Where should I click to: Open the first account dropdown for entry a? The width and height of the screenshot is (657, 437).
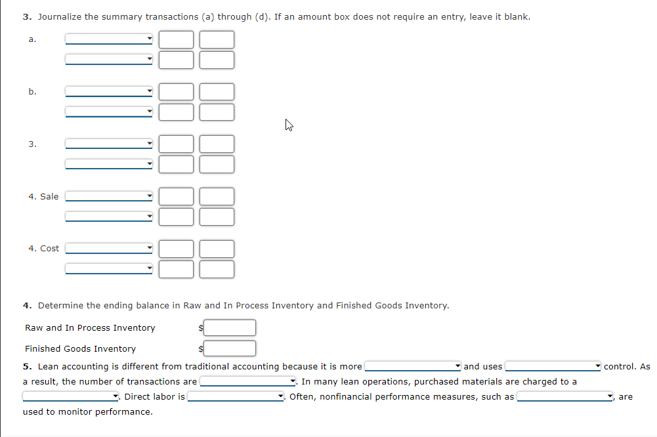(x=109, y=39)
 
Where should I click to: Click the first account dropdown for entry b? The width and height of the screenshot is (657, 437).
(x=109, y=91)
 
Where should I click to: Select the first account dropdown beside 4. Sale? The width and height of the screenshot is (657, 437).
(x=109, y=196)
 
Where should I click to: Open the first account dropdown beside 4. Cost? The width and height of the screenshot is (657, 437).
(x=109, y=248)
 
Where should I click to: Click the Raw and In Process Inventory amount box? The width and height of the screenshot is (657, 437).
(x=229, y=327)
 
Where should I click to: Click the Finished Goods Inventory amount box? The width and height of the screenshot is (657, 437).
(x=229, y=348)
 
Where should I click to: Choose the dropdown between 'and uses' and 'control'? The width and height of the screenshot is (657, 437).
(x=553, y=366)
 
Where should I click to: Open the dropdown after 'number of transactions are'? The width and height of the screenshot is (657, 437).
(x=248, y=381)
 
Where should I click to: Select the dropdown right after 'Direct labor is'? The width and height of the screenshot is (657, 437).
(x=236, y=396)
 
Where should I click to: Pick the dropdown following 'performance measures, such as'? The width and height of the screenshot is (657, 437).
(x=566, y=396)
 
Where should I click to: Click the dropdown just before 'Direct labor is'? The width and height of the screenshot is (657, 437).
(x=71, y=396)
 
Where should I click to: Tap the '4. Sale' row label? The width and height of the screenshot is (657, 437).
(x=43, y=196)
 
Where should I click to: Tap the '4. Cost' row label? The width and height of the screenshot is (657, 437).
(x=43, y=248)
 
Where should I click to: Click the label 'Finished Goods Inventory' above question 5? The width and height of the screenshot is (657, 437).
(x=80, y=348)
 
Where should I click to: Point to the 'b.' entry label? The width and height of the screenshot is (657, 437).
(x=32, y=91)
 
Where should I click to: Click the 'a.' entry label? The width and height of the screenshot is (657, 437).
(x=32, y=39)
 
